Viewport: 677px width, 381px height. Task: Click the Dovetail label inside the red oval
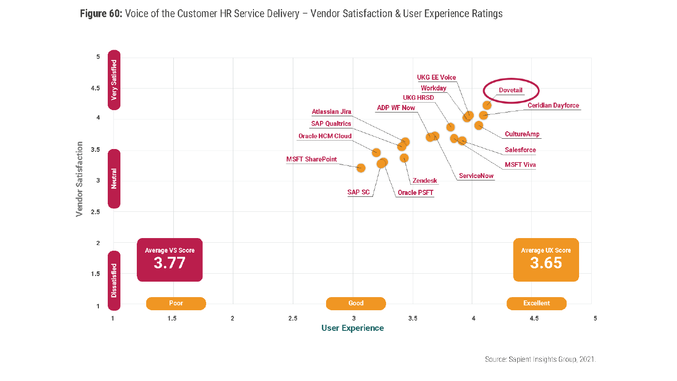(511, 90)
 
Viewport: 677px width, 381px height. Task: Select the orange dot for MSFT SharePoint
(361, 167)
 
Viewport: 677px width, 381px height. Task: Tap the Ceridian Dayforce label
(553, 105)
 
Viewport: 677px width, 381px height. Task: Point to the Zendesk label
(425, 180)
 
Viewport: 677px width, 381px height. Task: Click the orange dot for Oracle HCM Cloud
(376, 152)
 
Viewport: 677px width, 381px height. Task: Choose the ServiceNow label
(476, 176)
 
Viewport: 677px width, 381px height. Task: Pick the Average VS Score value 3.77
(170, 263)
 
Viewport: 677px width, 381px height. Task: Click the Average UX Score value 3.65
(546, 263)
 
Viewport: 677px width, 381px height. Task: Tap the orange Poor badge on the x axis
(176, 303)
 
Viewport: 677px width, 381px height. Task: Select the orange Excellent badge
(536, 303)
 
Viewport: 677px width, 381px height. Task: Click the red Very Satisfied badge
(114, 80)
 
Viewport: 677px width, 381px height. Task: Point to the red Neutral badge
(114, 179)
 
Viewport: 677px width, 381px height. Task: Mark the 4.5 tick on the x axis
(534, 318)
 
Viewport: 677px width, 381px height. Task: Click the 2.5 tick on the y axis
(95, 212)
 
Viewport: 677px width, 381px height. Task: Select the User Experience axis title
(352, 328)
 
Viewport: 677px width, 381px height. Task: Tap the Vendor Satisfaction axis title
(79, 179)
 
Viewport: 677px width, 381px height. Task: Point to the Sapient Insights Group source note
(540, 359)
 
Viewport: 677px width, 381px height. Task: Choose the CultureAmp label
(522, 134)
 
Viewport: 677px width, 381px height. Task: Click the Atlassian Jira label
(332, 112)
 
